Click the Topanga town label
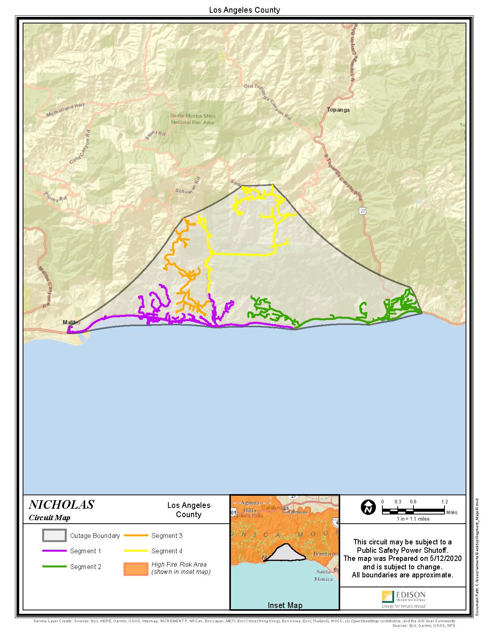(338, 110)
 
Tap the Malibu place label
(71, 322)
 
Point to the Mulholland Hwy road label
(66, 110)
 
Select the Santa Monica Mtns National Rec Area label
(193, 119)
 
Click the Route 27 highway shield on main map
(363, 211)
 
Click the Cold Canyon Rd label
(80, 150)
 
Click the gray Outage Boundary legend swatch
(54, 536)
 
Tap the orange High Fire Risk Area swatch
(136, 569)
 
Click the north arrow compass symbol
(368, 507)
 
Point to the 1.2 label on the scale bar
(444, 502)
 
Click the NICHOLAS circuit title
(61, 504)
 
